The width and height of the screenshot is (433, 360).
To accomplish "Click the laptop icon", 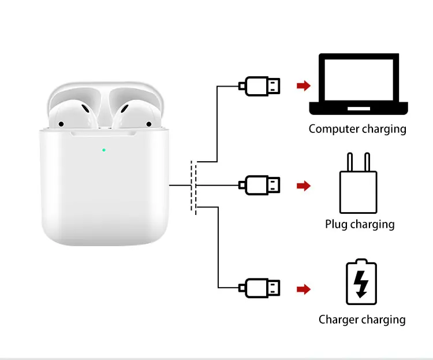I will pos(359,85).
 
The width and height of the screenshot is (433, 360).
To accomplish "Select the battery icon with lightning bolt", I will pos(361,283).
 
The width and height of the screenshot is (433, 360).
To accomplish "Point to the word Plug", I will pos(336,224).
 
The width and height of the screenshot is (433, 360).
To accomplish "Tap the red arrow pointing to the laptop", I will pos(303,86).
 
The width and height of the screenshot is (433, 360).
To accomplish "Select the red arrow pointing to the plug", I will pos(303,186).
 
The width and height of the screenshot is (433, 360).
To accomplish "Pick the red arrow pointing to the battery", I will pos(303,288).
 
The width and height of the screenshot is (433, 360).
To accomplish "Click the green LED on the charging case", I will pos(104,150).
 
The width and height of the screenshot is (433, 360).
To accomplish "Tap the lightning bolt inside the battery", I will pos(361,284).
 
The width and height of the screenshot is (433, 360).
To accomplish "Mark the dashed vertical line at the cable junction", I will pos(194,188).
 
